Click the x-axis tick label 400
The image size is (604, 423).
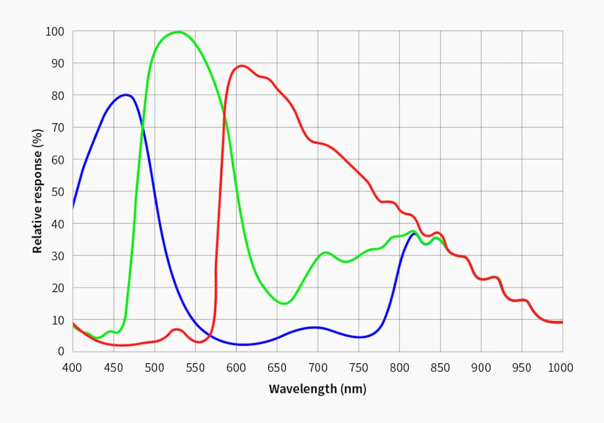click(x=72, y=367)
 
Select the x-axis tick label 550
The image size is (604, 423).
click(x=195, y=367)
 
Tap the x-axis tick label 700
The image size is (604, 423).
click(x=318, y=367)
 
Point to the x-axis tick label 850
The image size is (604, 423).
click(x=440, y=367)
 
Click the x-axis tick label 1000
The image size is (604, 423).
click(x=561, y=367)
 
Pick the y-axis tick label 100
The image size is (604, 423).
click(x=55, y=31)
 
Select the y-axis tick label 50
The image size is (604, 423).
click(x=58, y=192)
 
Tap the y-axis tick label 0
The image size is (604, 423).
click(x=61, y=351)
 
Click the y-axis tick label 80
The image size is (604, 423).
click(x=58, y=95)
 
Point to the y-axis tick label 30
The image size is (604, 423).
click(x=58, y=256)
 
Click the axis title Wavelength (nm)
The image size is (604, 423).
click(x=317, y=389)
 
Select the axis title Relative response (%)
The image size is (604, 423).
click(x=37, y=191)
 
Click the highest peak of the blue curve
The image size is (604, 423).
click(x=126, y=95)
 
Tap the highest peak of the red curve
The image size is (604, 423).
click(x=242, y=66)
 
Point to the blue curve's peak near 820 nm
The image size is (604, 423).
click(x=414, y=233)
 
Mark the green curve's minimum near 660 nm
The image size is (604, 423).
click(x=284, y=303)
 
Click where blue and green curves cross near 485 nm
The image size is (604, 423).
click(x=143, y=126)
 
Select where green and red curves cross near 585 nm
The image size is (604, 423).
click(x=225, y=113)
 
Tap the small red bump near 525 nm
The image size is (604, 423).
click(x=176, y=329)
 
